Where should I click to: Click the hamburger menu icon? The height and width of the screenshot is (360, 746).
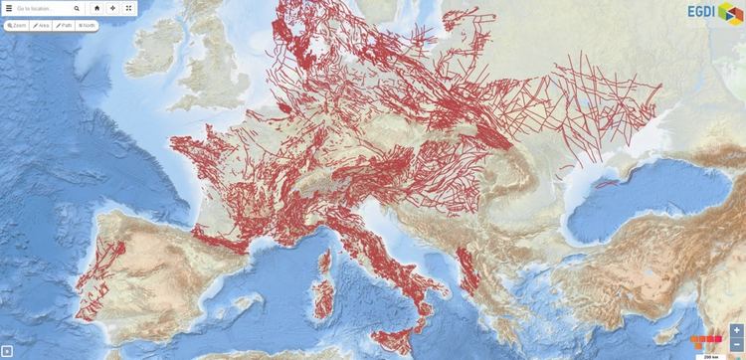click(x=9, y=8)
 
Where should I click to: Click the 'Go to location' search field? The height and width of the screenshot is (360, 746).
click(x=42, y=8)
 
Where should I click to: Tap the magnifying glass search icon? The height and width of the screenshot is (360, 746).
click(x=77, y=8)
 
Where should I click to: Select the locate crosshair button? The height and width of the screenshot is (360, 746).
click(x=112, y=8)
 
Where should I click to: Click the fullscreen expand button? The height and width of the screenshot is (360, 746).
click(x=128, y=8)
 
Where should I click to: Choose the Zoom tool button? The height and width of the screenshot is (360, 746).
click(x=17, y=25)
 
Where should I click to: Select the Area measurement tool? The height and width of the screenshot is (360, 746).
click(x=42, y=25)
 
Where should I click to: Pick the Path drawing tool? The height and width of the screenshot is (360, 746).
click(x=65, y=25)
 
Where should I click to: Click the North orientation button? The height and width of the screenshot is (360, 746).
click(x=88, y=25)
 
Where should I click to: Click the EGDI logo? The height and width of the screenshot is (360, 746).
click(x=714, y=12)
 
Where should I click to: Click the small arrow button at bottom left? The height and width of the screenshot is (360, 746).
click(x=7, y=351)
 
